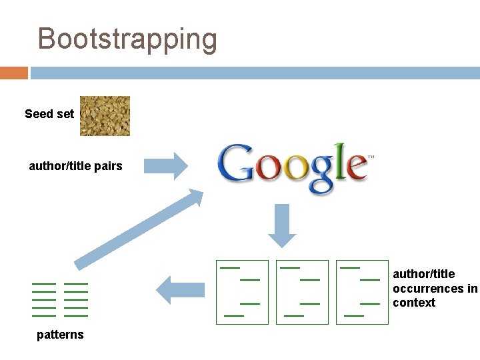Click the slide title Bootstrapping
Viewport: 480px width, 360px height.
[x=127, y=39]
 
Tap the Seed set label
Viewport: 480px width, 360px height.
[x=49, y=114]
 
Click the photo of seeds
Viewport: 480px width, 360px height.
[x=105, y=116]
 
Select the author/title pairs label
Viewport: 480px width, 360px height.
[x=75, y=166]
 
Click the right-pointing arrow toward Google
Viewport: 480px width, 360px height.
[x=167, y=166]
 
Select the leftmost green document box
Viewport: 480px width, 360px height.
[x=242, y=292]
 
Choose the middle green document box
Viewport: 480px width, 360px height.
[x=302, y=292]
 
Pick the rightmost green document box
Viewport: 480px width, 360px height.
[x=362, y=292]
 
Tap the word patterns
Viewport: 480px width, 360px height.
[x=60, y=335]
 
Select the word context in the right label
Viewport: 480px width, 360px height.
[x=414, y=303]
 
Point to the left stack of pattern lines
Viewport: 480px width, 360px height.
[x=44, y=299]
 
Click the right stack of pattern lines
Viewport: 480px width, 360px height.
[x=76, y=299]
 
